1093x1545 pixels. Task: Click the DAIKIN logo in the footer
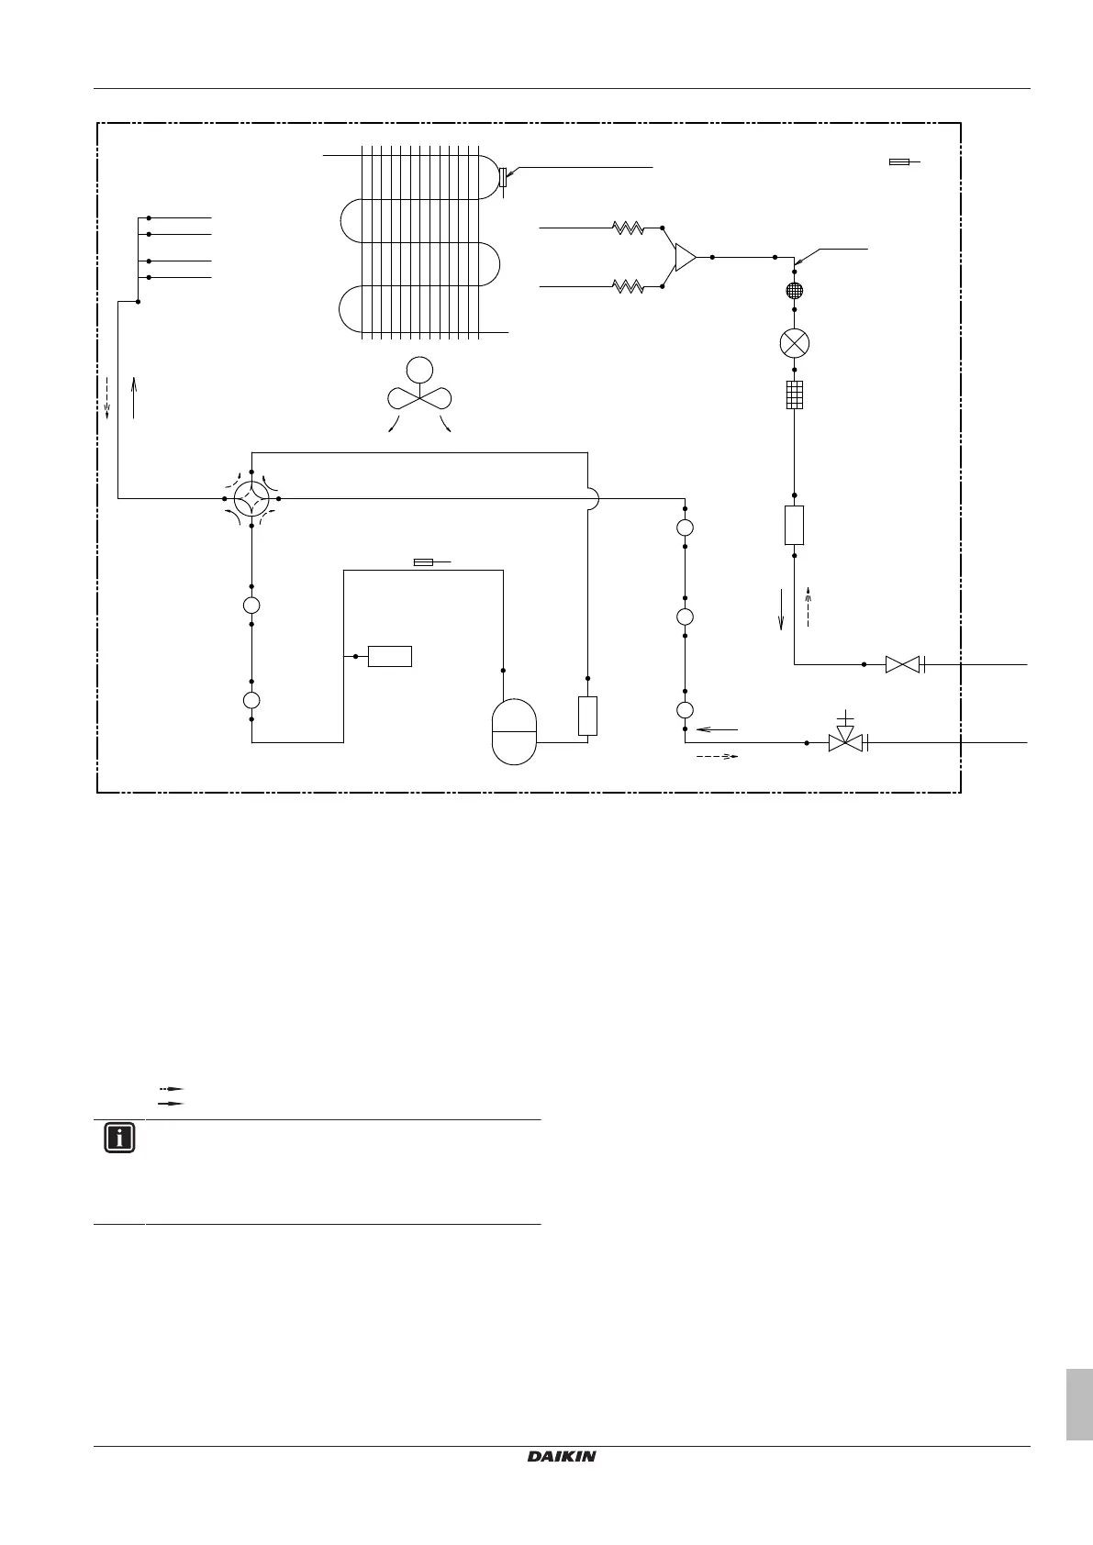(x=562, y=1457)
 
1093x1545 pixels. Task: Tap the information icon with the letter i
(x=119, y=1139)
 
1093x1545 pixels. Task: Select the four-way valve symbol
(x=251, y=498)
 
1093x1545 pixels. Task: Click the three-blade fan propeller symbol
(x=419, y=398)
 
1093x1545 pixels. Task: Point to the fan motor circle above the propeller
(x=419, y=370)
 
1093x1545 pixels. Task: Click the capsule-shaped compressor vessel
(x=514, y=731)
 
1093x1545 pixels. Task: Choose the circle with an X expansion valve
(x=794, y=344)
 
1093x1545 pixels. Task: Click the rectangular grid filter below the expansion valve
(x=795, y=395)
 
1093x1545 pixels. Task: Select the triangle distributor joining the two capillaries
(x=685, y=258)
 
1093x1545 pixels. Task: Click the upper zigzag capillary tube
(x=629, y=228)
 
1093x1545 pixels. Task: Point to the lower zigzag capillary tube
(x=629, y=287)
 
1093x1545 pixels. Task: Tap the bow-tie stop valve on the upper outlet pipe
(x=901, y=664)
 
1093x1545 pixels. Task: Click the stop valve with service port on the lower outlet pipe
(x=845, y=741)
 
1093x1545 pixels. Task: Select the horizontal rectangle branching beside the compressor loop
(x=389, y=656)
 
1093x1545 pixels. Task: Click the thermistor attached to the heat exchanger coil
(x=502, y=177)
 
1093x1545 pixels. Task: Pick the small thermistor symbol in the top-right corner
(x=900, y=162)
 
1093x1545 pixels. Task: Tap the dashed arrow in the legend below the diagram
(x=171, y=1088)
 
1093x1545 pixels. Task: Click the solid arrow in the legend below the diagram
(x=171, y=1102)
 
